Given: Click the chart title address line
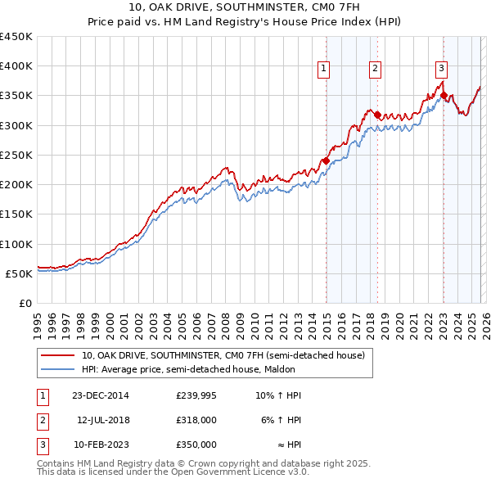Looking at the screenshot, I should [x=245, y=7].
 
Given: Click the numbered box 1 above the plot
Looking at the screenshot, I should [x=325, y=69].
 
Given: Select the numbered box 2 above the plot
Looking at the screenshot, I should [x=375, y=69].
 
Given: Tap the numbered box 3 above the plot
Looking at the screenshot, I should [x=441, y=69].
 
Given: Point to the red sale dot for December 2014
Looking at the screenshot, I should [x=326, y=160].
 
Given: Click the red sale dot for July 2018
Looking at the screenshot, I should [x=377, y=115].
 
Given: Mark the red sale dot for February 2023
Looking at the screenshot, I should [x=444, y=96].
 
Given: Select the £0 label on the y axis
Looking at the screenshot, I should [x=25, y=303].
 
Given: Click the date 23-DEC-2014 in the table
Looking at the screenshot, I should [x=100, y=395].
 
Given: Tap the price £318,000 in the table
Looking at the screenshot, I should [x=196, y=420].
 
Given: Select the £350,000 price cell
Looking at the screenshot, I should [x=196, y=445].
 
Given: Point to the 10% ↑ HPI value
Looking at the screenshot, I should [x=278, y=395].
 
